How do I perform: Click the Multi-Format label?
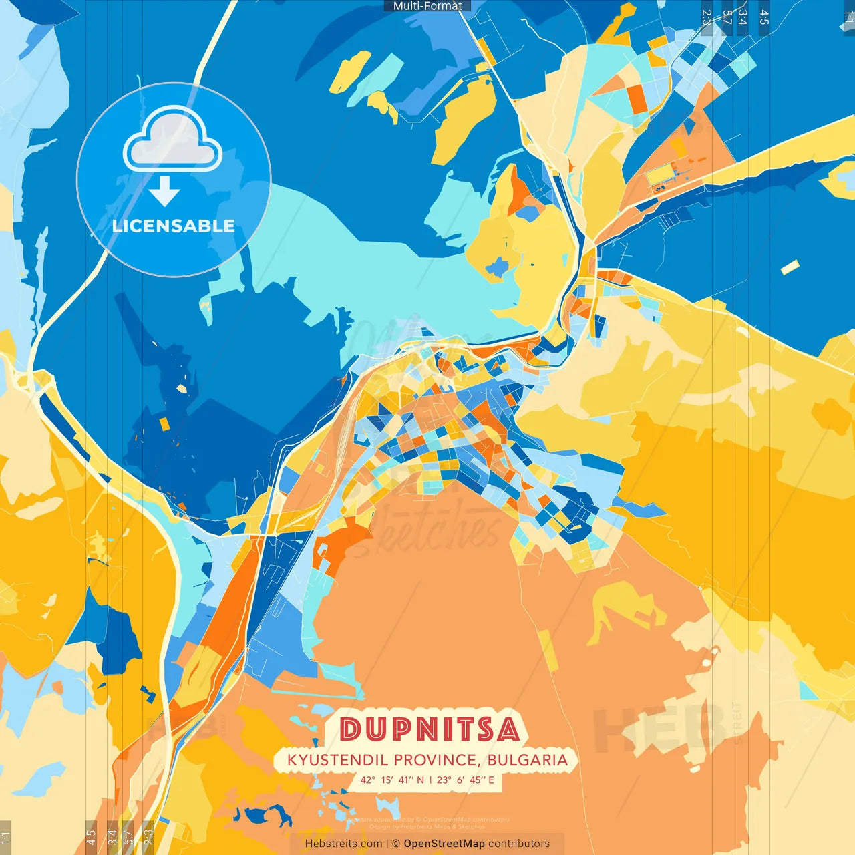(x=427, y=6)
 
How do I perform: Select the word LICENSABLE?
(x=174, y=226)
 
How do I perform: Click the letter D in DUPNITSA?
(x=350, y=729)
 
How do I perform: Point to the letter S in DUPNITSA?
(x=485, y=729)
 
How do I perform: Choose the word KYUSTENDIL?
(x=338, y=760)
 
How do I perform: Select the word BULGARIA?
(x=528, y=760)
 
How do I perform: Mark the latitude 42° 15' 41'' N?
(x=392, y=780)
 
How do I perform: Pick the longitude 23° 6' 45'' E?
(x=466, y=780)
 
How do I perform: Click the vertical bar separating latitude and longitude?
(x=430, y=780)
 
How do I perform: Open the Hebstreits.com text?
(x=343, y=844)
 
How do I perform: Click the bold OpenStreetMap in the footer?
(x=444, y=844)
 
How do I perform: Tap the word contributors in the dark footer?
(x=519, y=844)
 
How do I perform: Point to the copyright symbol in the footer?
(x=396, y=844)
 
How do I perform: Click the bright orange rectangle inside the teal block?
(x=637, y=98)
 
